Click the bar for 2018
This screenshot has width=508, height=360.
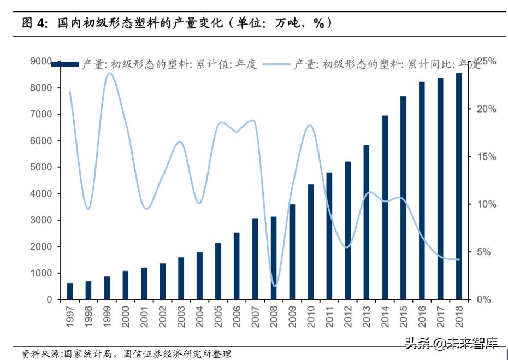pyautogui.click(x=459, y=186)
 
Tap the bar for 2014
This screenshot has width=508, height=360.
pyautogui.click(x=385, y=208)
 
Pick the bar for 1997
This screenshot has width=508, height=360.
pyautogui.click(x=69, y=291)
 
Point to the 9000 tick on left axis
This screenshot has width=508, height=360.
pyautogui.click(x=42, y=62)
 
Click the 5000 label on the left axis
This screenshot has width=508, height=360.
pyautogui.click(x=42, y=167)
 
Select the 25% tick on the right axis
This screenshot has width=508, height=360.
pyautogui.click(x=486, y=62)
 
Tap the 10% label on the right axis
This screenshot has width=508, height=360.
pyautogui.click(x=486, y=204)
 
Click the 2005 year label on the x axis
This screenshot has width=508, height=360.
pyautogui.click(x=218, y=316)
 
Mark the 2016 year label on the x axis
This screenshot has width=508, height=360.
pyautogui.click(x=422, y=316)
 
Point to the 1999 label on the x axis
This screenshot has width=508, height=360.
pyautogui.click(x=107, y=316)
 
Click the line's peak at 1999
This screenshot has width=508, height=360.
pyautogui.click(x=109, y=73)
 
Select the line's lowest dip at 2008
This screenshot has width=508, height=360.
pyautogui.click(x=274, y=286)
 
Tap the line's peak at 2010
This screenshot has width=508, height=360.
pyautogui.click(x=310, y=125)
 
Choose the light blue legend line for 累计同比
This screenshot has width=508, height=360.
pyautogui.click(x=276, y=65)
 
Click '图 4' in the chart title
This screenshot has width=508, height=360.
pyautogui.click(x=34, y=23)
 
